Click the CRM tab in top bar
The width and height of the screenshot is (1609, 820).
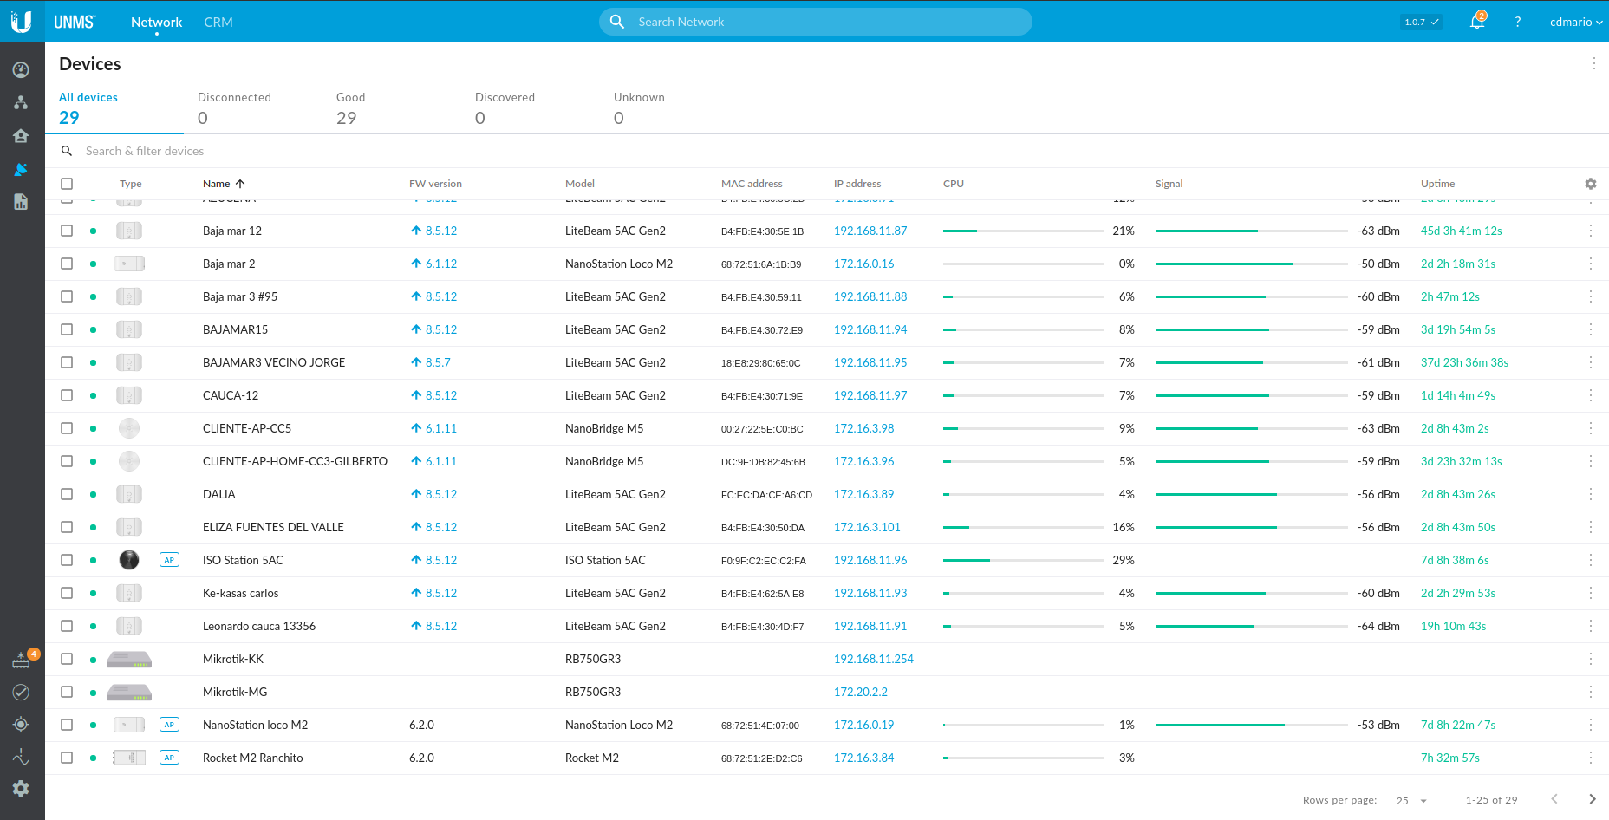[218, 22]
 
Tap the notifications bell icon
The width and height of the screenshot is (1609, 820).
[1477, 22]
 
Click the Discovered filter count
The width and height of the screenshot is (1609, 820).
[480, 118]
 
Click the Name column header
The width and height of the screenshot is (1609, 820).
[217, 184]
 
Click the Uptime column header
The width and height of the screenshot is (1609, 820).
[1437, 184]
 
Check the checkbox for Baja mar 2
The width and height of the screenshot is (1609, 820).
[67, 264]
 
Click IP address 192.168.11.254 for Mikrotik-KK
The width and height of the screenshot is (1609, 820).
[873, 659]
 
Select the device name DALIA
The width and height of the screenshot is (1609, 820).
[219, 494]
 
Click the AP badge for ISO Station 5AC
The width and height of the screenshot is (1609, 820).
[169, 560]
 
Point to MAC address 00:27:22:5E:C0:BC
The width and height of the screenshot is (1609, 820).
[762, 429]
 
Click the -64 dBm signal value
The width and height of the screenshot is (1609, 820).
[1378, 626]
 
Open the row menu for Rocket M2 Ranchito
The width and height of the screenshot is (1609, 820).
[1591, 758]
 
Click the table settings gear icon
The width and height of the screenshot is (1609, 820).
[1590, 184]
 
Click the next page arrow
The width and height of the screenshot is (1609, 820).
[1592, 799]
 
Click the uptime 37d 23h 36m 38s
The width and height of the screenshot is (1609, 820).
[1464, 362]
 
